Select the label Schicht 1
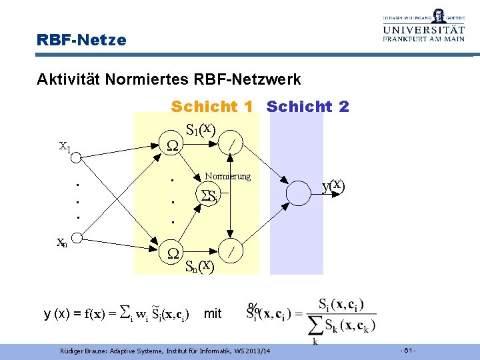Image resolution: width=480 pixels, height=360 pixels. pos(214,107)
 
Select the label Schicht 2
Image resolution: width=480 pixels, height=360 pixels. pos(307,107)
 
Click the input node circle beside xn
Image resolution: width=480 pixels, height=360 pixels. pos(77,237)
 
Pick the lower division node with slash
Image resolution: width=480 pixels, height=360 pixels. pos(230,252)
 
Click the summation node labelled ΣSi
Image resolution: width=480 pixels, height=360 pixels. pos(209,196)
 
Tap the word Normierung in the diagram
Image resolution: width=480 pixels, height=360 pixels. pos(228,176)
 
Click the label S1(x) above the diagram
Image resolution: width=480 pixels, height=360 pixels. pos(200,129)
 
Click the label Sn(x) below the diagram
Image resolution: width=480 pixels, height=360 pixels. pos(199,267)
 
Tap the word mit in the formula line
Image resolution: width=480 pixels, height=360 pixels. pos(213,313)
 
